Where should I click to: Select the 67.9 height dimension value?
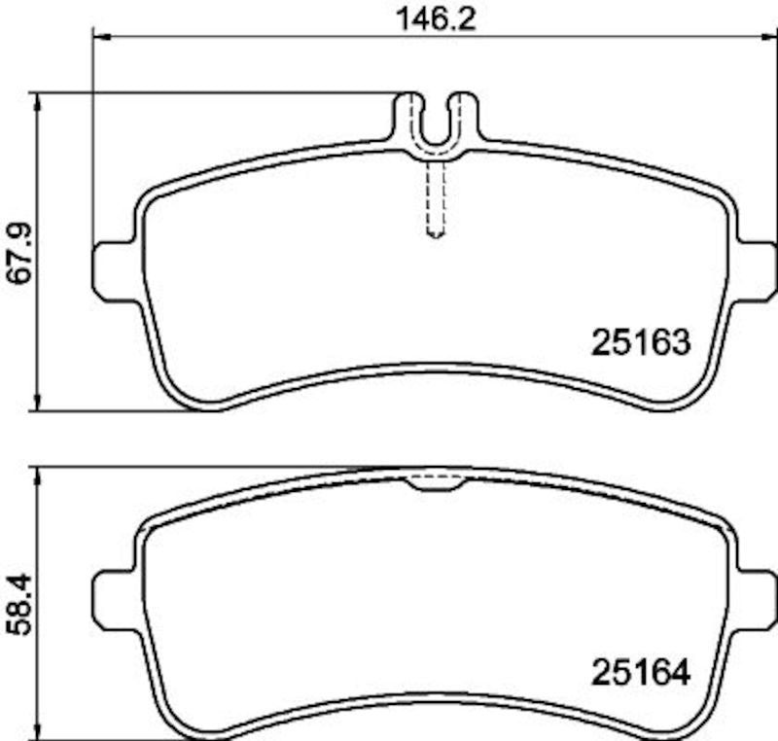point(20,253)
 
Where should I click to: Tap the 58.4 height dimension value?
point(20,604)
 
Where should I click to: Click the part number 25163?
point(641,342)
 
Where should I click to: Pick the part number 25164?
point(641,673)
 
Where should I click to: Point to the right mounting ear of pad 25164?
point(757,600)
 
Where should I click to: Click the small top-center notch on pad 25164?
point(436,481)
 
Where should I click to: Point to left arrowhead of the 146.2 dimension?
point(98,37)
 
